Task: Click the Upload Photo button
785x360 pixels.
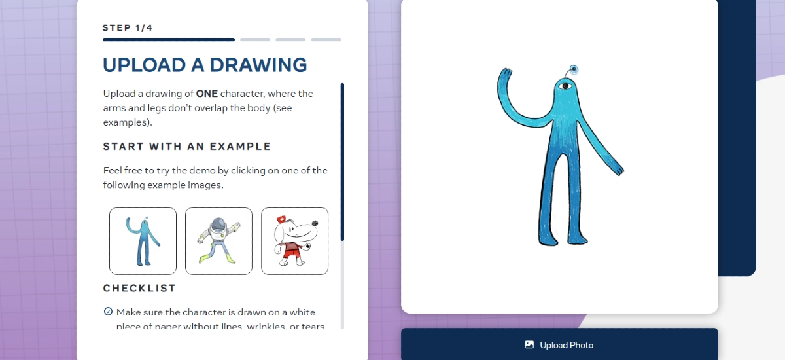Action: [x=559, y=345]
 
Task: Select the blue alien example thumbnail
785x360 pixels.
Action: [x=143, y=241]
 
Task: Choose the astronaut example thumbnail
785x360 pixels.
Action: [x=218, y=241]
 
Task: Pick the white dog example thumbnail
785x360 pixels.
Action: [x=294, y=241]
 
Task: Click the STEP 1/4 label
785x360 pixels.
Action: [x=128, y=28]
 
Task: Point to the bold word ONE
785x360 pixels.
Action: [x=207, y=94]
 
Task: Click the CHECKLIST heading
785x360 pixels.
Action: [x=139, y=288]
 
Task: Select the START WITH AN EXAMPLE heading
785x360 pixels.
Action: [x=187, y=146]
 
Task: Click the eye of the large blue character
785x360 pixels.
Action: [x=566, y=86]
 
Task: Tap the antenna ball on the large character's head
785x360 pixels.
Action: [x=574, y=69]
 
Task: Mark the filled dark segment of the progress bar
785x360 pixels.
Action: [x=168, y=39]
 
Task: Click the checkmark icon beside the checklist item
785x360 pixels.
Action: [x=108, y=312]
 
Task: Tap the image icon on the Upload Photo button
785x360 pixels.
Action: [x=529, y=345]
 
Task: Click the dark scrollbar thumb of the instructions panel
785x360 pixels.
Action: [x=342, y=160]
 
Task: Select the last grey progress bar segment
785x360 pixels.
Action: [x=326, y=39]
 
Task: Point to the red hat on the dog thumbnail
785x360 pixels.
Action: [x=281, y=219]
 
